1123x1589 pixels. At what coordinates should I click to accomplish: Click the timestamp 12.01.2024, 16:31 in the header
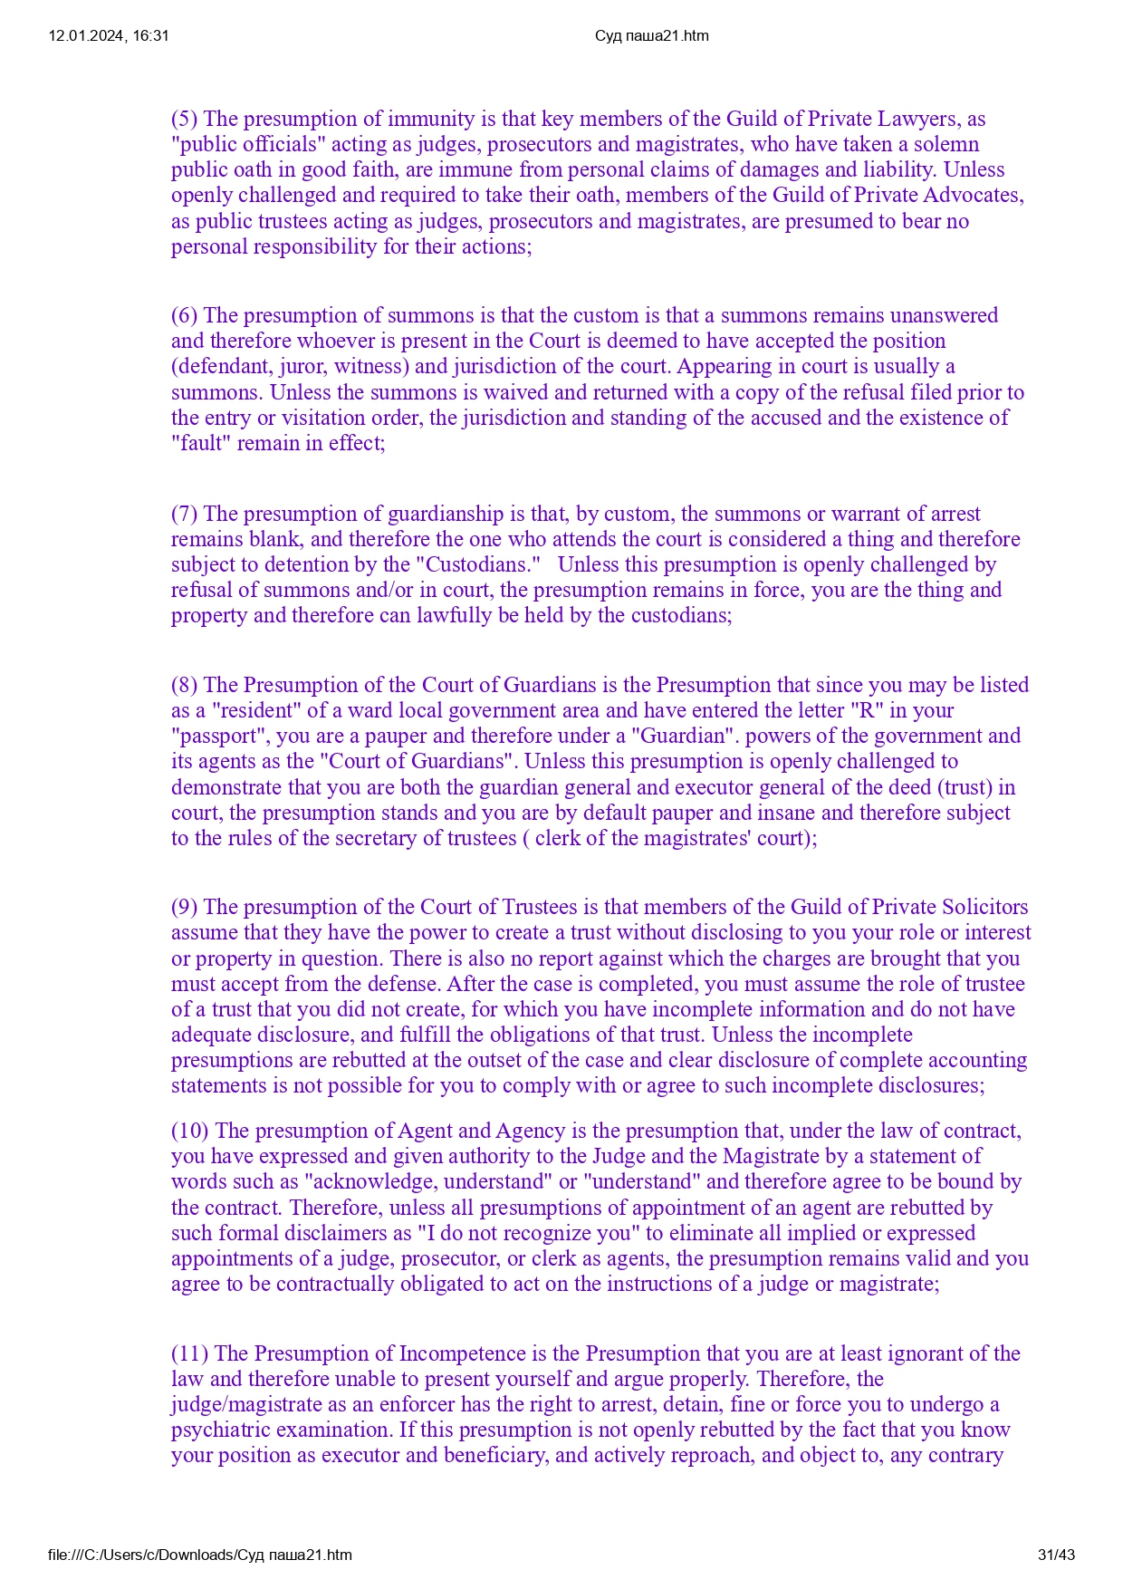pos(109,36)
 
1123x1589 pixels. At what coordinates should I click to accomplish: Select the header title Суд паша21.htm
pos(651,36)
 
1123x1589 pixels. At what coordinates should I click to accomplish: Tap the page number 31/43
pos(1056,1555)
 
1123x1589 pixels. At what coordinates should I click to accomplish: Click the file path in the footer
pos(200,1555)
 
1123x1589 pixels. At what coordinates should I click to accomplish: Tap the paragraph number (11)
pos(189,1353)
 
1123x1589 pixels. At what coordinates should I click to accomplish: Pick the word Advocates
pos(978,195)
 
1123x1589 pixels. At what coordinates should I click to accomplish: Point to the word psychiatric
pos(214,1430)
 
